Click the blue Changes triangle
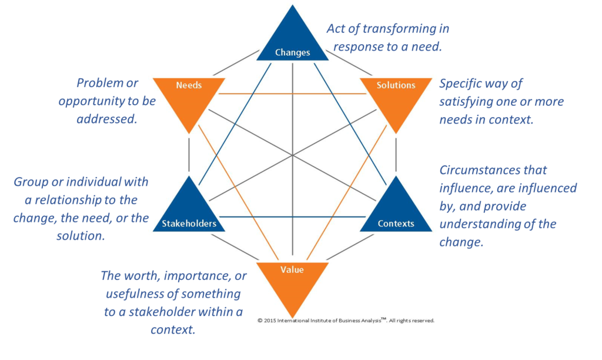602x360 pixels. (x=292, y=41)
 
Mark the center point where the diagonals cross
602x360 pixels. (x=293, y=155)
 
